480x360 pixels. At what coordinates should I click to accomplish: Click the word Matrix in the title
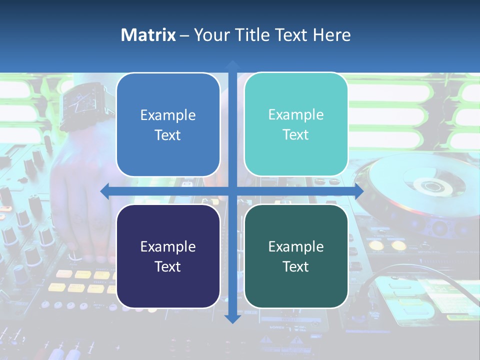148,35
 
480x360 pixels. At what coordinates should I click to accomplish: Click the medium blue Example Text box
168,124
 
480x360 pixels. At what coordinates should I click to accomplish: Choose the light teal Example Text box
296,124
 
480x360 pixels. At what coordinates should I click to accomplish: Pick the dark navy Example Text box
168,256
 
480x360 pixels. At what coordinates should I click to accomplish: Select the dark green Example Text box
296,256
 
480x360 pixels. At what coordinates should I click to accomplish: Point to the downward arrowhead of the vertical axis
232,318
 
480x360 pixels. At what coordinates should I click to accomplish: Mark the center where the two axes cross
232,191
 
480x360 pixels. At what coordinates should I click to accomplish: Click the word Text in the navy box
167,266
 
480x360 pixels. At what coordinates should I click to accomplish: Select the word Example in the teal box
296,114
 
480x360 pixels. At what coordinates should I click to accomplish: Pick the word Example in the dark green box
296,246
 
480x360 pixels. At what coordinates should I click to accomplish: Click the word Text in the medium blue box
167,135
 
